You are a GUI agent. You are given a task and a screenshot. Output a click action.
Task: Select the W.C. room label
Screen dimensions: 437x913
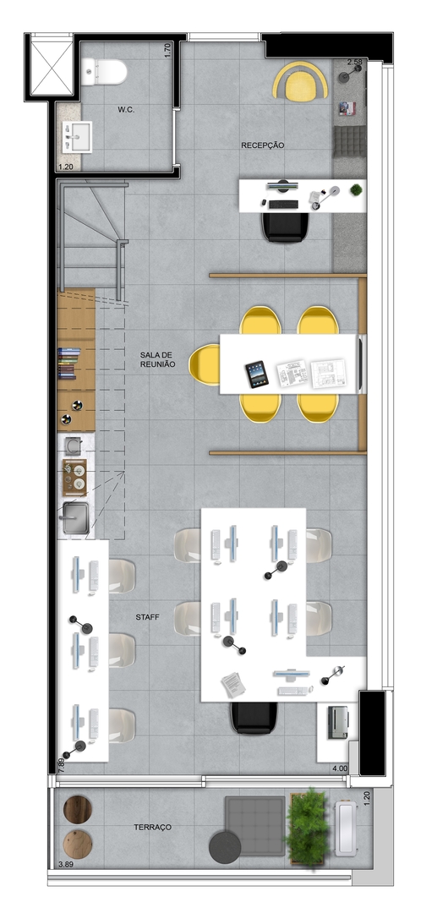pyautogui.click(x=126, y=109)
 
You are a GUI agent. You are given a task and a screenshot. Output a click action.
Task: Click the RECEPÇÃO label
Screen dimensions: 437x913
pyautogui.click(x=263, y=145)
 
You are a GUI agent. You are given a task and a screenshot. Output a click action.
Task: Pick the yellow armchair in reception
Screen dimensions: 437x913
pyautogui.click(x=300, y=81)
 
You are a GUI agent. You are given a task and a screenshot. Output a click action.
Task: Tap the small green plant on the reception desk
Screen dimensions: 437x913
pyautogui.click(x=356, y=190)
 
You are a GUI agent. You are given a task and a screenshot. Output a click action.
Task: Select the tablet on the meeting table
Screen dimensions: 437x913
pyautogui.click(x=257, y=374)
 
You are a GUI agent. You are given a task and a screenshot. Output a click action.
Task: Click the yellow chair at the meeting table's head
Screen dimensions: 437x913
pyautogui.click(x=205, y=364)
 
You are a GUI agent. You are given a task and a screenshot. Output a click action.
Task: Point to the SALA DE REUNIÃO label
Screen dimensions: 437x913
pyautogui.click(x=158, y=359)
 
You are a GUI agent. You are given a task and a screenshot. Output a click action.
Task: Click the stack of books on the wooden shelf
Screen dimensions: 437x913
pyautogui.click(x=69, y=364)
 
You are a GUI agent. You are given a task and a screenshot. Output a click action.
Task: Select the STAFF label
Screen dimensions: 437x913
pyautogui.click(x=148, y=616)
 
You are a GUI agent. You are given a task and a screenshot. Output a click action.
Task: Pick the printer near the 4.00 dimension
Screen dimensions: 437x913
pyautogui.click(x=337, y=722)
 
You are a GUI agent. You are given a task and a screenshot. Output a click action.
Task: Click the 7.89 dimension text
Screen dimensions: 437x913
pyautogui.click(x=61, y=764)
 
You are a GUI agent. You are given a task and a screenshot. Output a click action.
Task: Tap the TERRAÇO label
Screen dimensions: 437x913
pyautogui.click(x=152, y=827)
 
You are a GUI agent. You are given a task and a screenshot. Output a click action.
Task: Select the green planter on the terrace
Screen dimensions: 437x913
pyautogui.click(x=307, y=828)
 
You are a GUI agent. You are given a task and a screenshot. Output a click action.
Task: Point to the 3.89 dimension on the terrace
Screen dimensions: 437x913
pyautogui.click(x=66, y=865)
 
